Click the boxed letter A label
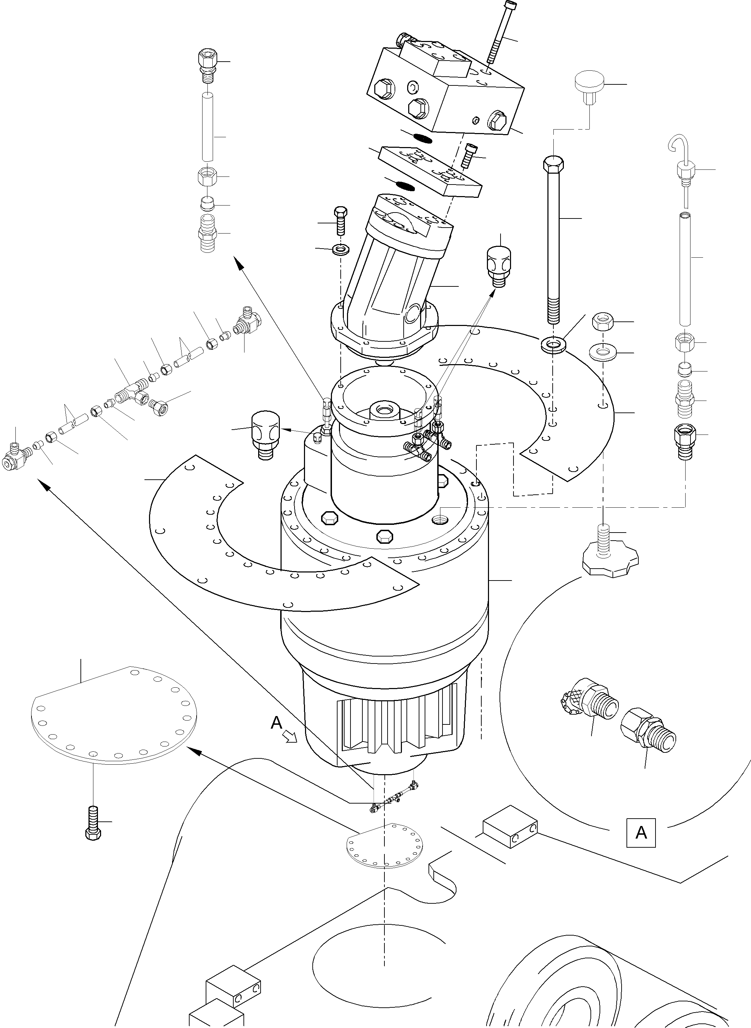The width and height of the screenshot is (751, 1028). click(x=640, y=832)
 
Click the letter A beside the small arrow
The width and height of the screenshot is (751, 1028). click(x=276, y=722)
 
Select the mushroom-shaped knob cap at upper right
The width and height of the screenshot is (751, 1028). click(x=589, y=83)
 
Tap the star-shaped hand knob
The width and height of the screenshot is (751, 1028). click(x=610, y=562)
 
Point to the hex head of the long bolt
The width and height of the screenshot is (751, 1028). click(x=553, y=164)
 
